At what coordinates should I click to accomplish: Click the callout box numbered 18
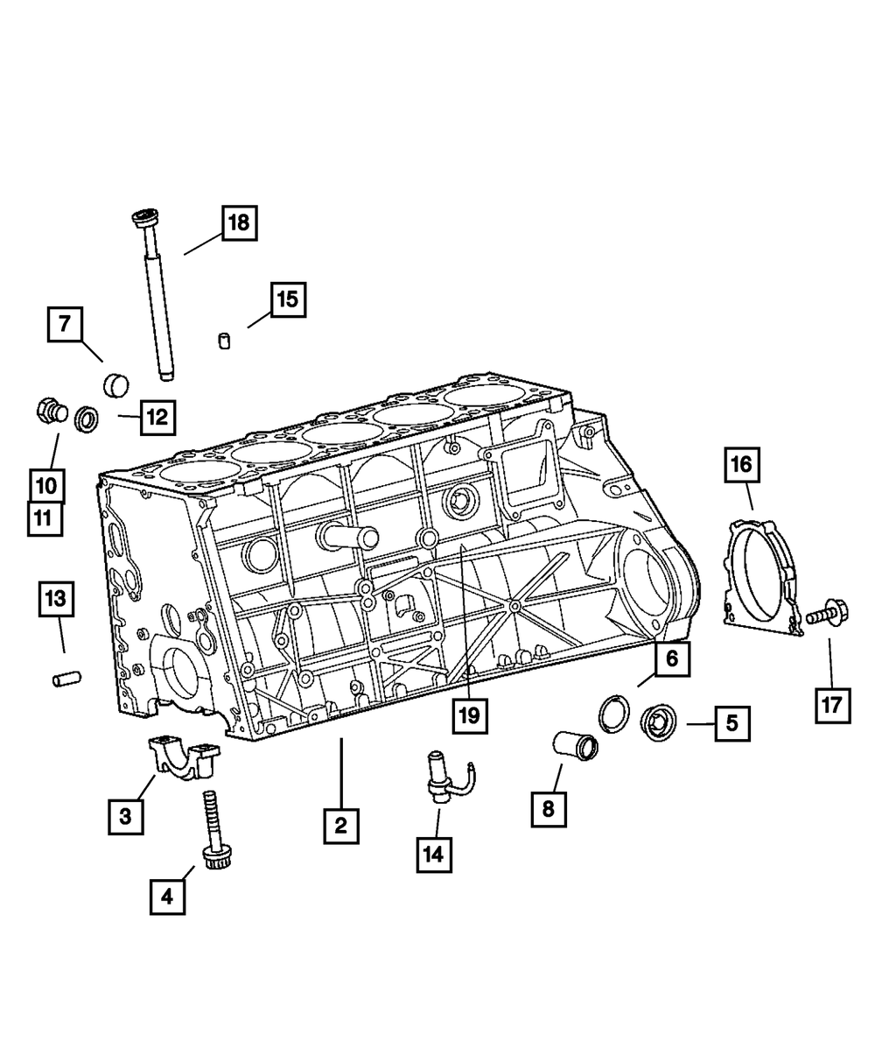click(239, 223)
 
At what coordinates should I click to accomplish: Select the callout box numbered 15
click(287, 300)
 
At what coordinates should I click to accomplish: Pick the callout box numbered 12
click(156, 417)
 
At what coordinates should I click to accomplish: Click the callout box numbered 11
click(44, 517)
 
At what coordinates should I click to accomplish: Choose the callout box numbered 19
click(469, 715)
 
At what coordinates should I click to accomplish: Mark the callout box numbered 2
click(340, 824)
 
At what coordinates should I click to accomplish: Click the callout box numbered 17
click(832, 703)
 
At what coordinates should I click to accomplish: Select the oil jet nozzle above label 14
click(441, 772)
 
